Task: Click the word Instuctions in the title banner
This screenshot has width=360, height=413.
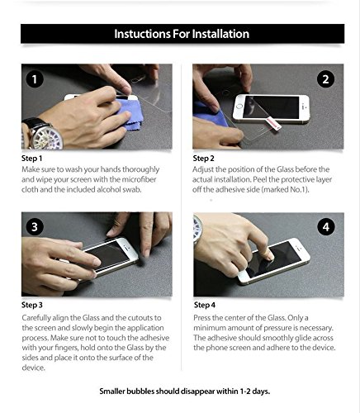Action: coord(142,34)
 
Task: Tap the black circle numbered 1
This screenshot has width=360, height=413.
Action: coord(35,79)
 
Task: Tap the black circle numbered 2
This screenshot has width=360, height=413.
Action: coord(325,79)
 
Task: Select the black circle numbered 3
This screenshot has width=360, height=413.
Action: coord(35,226)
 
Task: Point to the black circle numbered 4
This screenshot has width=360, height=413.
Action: coord(326,227)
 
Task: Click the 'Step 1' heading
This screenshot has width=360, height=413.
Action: coord(32,159)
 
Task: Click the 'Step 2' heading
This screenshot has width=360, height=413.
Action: coord(203,159)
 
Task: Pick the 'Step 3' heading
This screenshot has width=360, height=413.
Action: coord(32,305)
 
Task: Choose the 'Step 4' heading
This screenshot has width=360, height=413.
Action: coord(205,305)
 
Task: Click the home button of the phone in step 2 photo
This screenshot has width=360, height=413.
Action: coord(239,106)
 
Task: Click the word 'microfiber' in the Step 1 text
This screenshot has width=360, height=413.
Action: coord(139,179)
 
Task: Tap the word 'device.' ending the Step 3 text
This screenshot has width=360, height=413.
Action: coord(33,368)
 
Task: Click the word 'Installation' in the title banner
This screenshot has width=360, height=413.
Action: coord(220,34)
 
